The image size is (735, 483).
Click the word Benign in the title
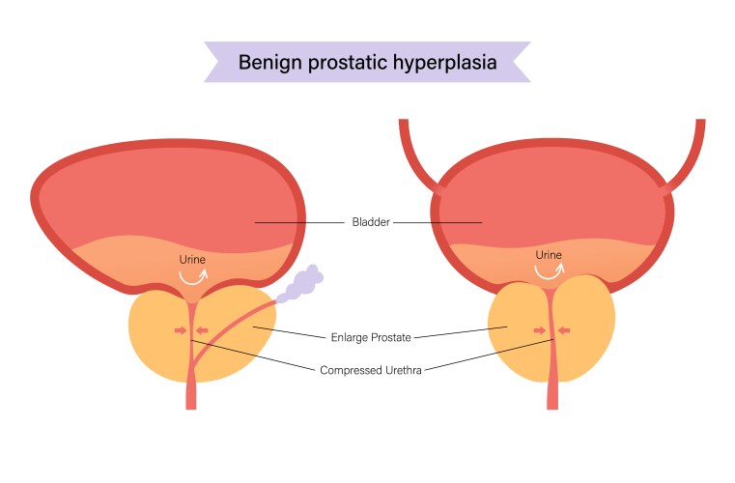pyautogui.click(x=267, y=63)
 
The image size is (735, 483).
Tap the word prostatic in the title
pyautogui.click(x=346, y=63)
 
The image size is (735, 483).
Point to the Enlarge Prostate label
pyautogui.click(x=371, y=337)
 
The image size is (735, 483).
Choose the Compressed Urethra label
pyautogui.click(x=372, y=369)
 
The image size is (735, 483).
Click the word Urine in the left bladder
pyautogui.click(x=192, y=259)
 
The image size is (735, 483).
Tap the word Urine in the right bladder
pyautogui.click(x=549, y=255)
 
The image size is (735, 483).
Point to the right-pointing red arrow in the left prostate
pyautogui.click(x=179, y=331)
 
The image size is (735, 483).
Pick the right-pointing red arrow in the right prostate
pyautogui.click(x=540, y=331)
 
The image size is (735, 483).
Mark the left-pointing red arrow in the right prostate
pyautogui.click(x=564, y=331)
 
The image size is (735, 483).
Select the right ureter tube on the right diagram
pyautogui.click(x=690, y=155)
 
